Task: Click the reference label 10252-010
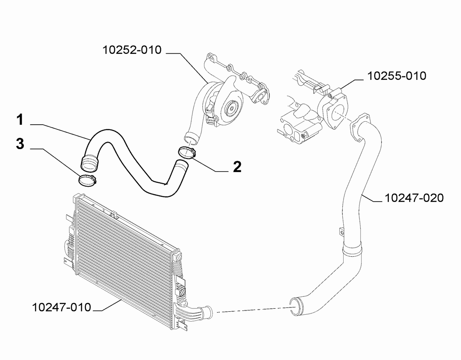click(132, 50)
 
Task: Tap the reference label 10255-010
click(397, 76)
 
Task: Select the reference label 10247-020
click(414, 198)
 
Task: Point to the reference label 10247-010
click(61, 307)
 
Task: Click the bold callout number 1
click(20, 120)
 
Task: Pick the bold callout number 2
click(237, 167)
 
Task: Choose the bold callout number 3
click(20, 144)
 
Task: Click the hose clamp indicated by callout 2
click(187, 153)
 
